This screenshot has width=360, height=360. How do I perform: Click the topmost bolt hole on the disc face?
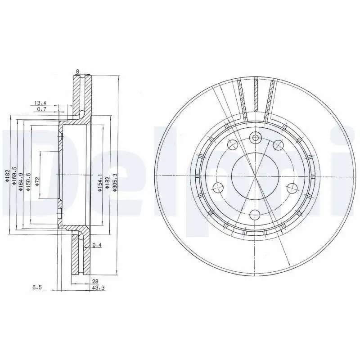(x=255, y=138)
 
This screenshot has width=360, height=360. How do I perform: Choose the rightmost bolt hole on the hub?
(x=292, y=188)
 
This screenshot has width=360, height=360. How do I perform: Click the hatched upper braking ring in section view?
(x=80, y=94)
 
